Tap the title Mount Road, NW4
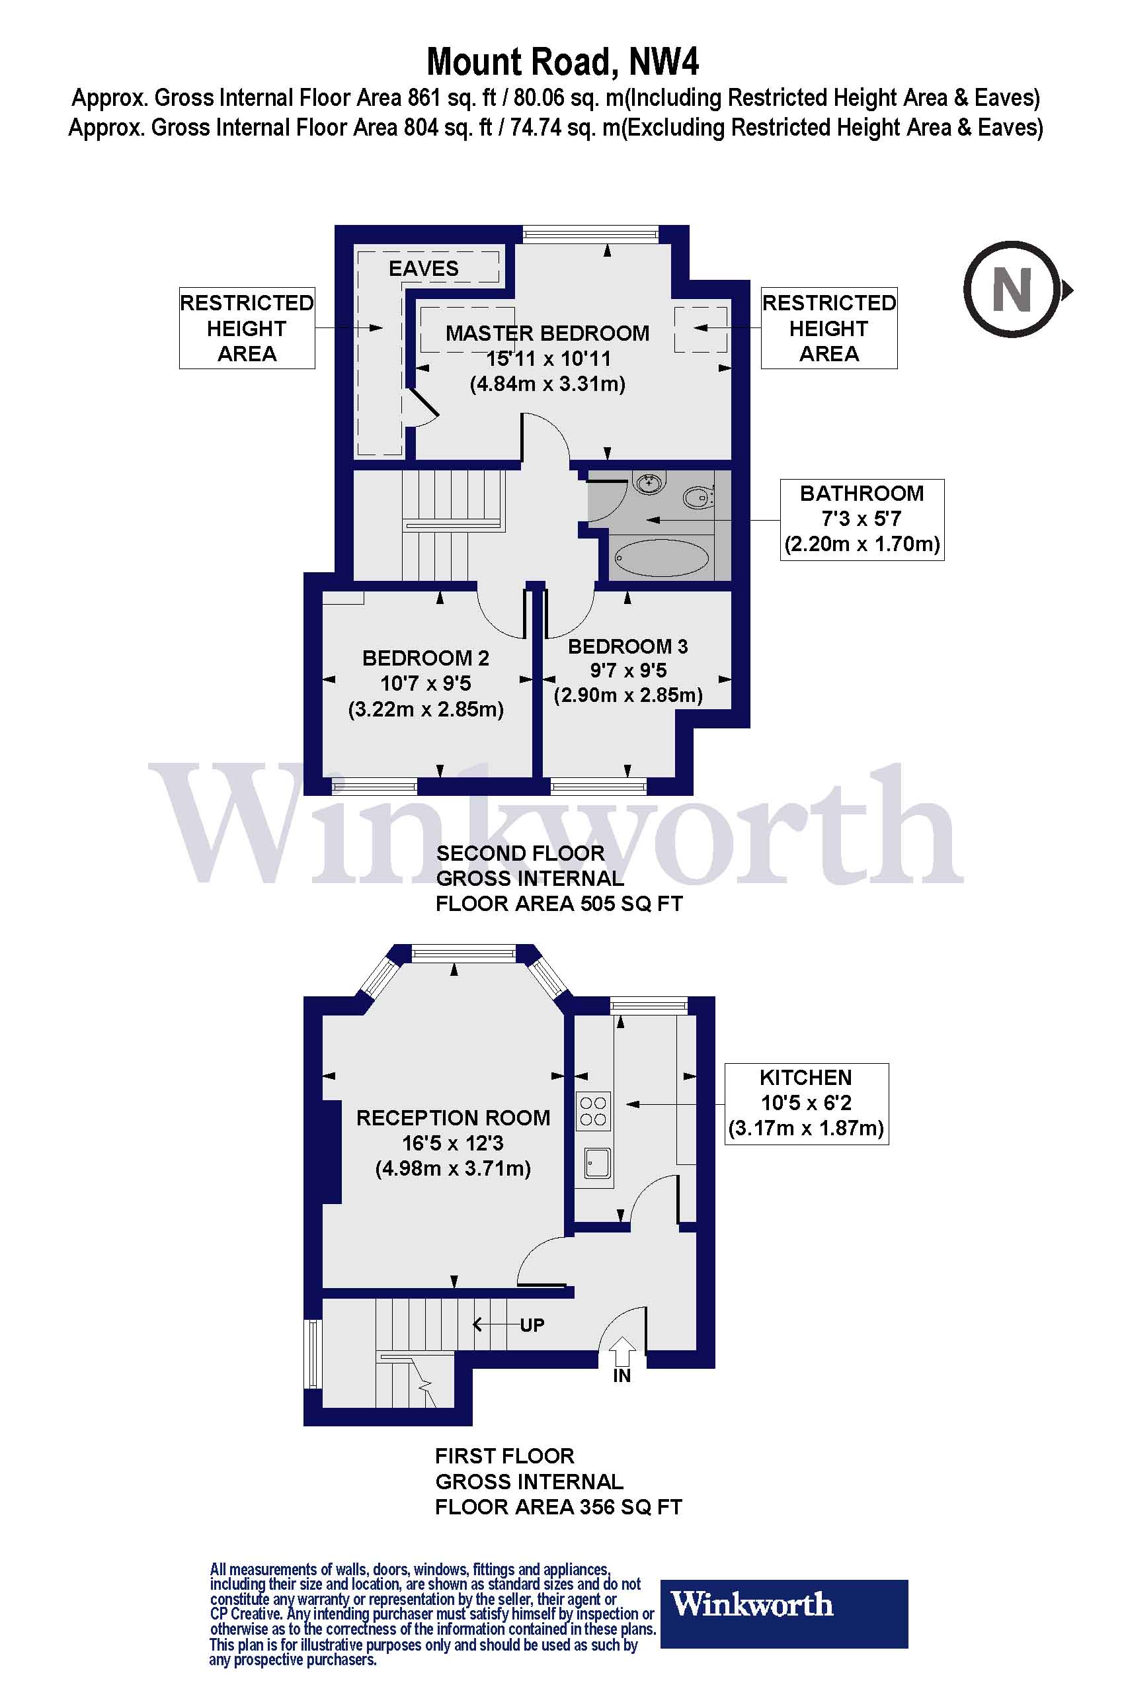coord(563,62)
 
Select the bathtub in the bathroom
coord(662,557)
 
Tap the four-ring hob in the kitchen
coord(594,1110)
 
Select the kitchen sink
coord(598,1162)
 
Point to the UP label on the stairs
coord(532,1324)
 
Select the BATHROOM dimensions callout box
coord(862,519)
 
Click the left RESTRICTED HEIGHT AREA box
coord(247,329)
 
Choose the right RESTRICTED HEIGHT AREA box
coord(829,329)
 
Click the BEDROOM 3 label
coord(628,647)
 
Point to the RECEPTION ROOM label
coord(453,1118)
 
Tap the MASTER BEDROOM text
coord(547,333)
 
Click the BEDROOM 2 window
coord(374,787)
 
